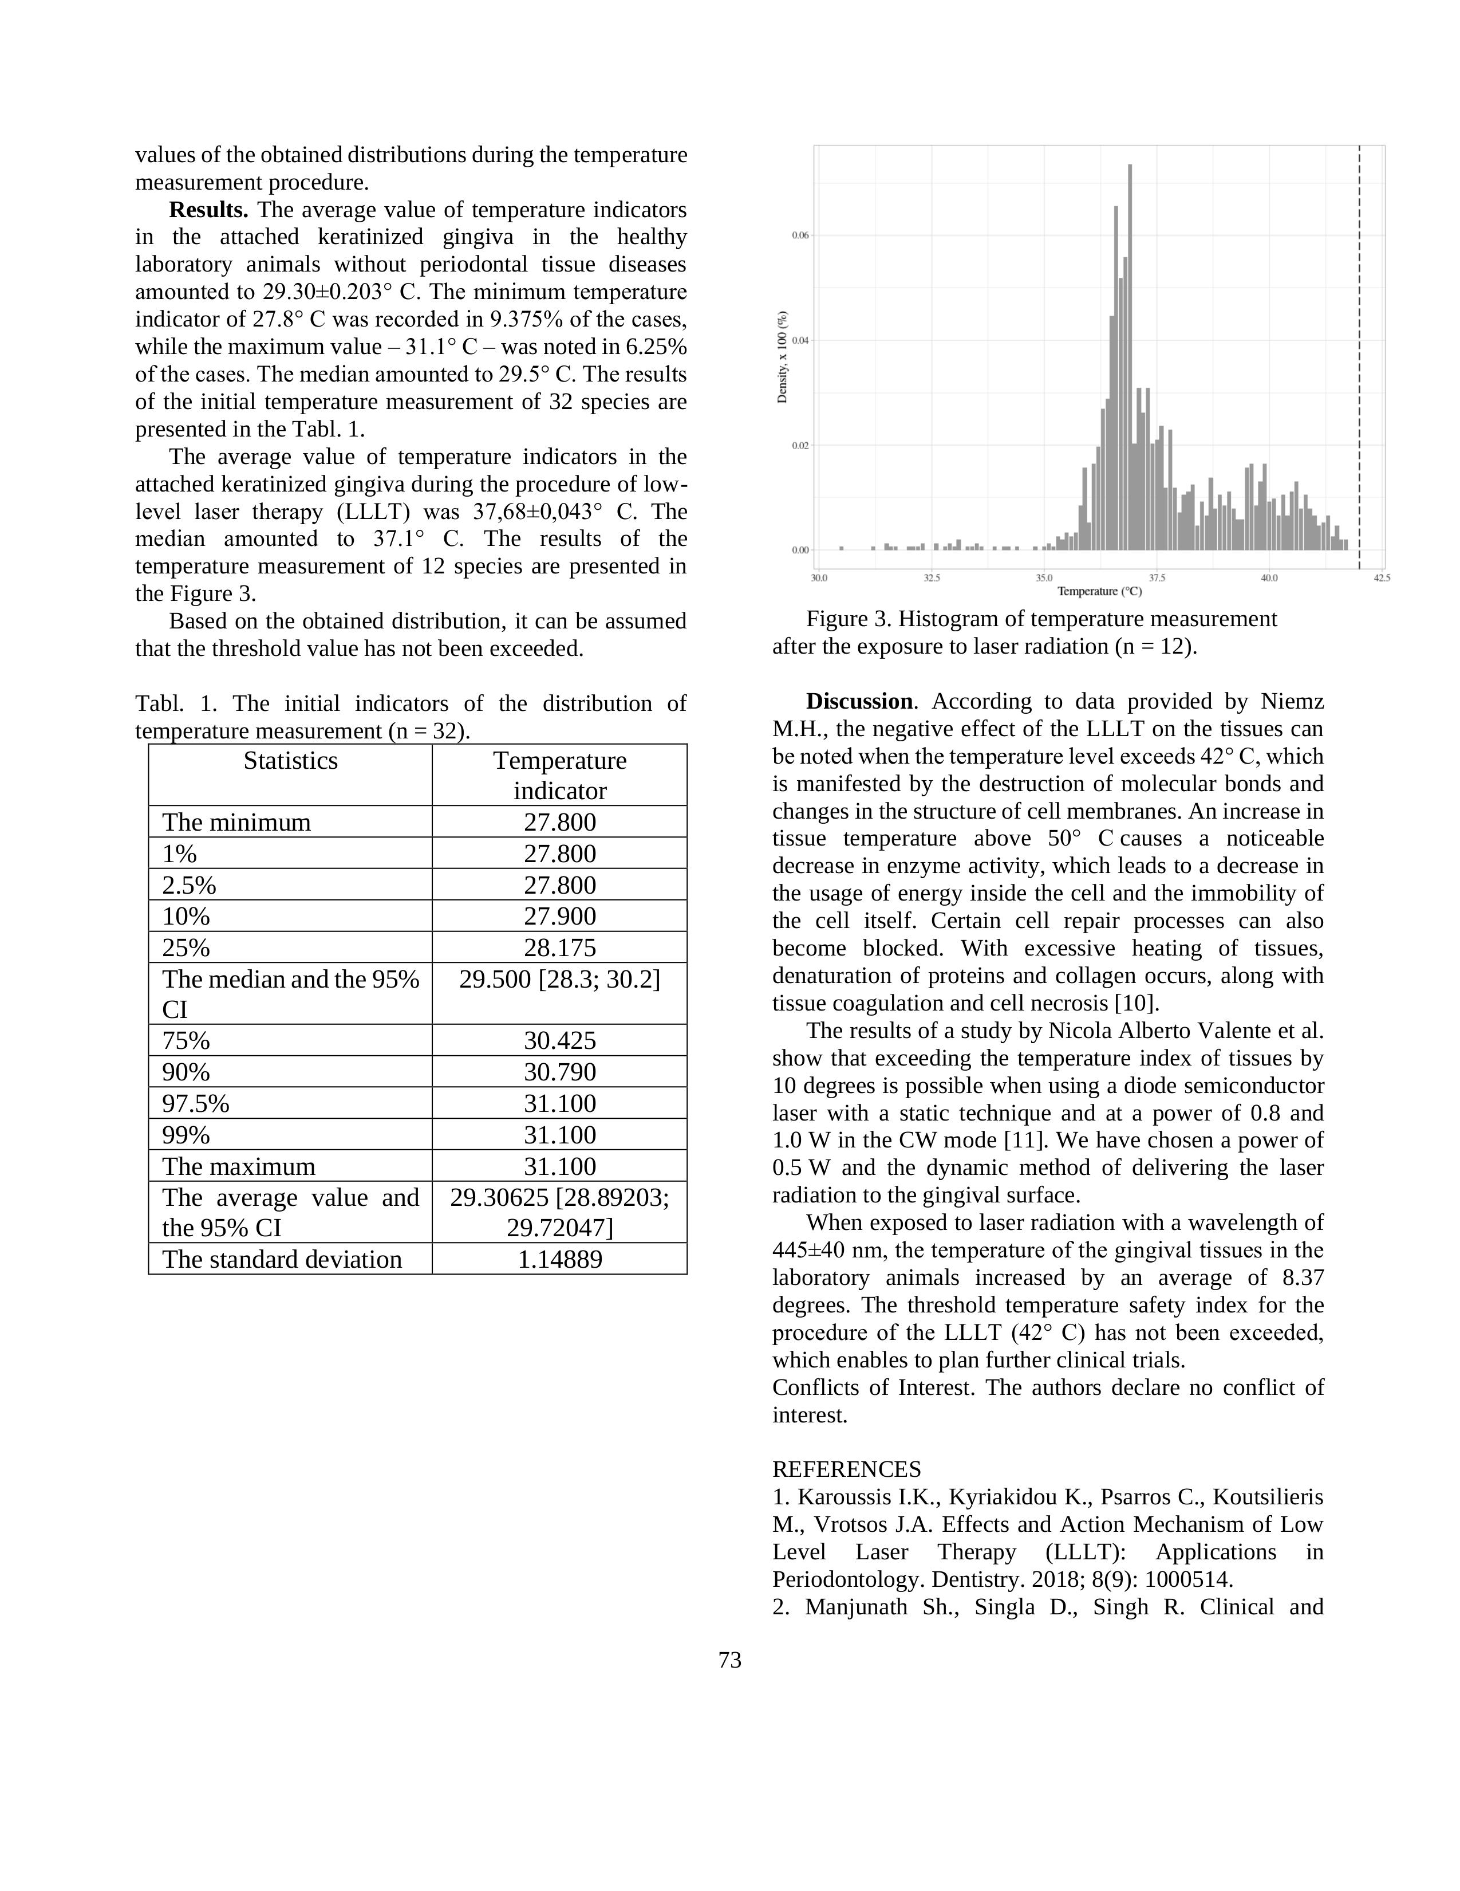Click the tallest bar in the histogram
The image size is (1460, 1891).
tap(1130, 355)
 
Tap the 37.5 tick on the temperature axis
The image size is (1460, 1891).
tap(1157, 577)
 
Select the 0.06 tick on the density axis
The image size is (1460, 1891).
tap(800, 235)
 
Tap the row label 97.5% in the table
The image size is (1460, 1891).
tap(196, 1103)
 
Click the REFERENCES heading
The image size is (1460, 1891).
tap(846, 1469)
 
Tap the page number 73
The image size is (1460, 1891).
tap(729, 1660)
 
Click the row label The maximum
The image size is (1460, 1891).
tap(239, 1166)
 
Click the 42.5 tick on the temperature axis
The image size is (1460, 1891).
tap(1381, 577)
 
